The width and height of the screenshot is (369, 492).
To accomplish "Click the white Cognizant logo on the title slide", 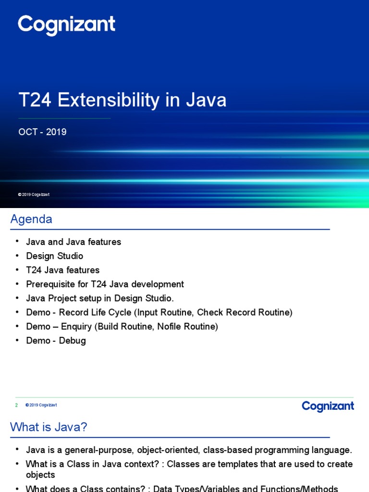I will [66, 25].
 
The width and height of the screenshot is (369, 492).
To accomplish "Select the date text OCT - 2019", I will [42, 132].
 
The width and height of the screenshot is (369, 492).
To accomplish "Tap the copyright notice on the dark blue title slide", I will [34, 195].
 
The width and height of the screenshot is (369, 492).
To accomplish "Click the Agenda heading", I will [31, 219].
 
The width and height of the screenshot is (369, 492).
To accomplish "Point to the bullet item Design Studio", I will [54, 256].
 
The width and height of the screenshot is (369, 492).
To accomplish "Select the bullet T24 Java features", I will [62, 270].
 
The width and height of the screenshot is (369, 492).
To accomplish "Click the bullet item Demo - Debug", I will [56, 341].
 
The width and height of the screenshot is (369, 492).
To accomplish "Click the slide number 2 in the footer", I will [16, 405].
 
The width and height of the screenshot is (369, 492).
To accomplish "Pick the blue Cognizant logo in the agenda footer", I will [328, 406].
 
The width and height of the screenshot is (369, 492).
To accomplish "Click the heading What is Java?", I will [49, 427].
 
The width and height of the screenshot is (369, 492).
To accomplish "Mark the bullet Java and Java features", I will [74, 242].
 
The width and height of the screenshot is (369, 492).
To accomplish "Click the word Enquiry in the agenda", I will [75, 327].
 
